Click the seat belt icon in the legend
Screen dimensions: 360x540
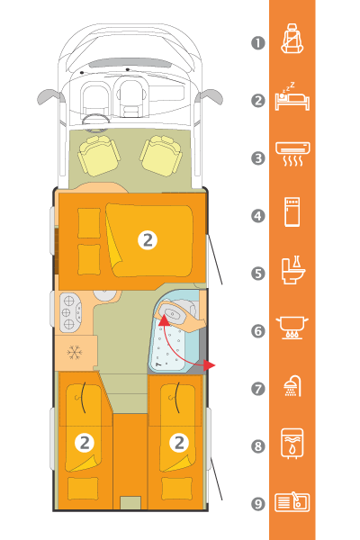[292, 38]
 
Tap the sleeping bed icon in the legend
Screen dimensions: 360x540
[292, 97]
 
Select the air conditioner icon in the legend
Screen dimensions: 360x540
[292, 154]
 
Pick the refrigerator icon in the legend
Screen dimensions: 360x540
[292, 211]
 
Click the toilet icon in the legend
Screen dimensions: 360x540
[293, 270]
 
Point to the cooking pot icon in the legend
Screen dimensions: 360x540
[292, 328]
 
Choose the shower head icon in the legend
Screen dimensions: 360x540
[292, 386]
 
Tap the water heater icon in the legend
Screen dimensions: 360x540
[292, 443]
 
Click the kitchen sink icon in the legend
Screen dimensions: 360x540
[292, 502]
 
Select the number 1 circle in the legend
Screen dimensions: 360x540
[258, 43]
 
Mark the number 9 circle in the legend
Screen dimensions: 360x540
[258, 504]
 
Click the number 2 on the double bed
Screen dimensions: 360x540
[148, 240]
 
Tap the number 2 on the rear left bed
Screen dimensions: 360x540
[85, 443]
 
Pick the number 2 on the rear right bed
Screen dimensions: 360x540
[179, 443]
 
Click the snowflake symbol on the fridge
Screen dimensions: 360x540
[75, 352]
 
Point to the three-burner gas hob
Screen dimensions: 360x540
[70, 312]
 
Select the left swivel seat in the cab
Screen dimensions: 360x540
[99, 156]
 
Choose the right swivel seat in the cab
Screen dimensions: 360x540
[161, 156]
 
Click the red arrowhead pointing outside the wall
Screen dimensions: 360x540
[209, 365]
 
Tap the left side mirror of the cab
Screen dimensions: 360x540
[51, 97]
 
